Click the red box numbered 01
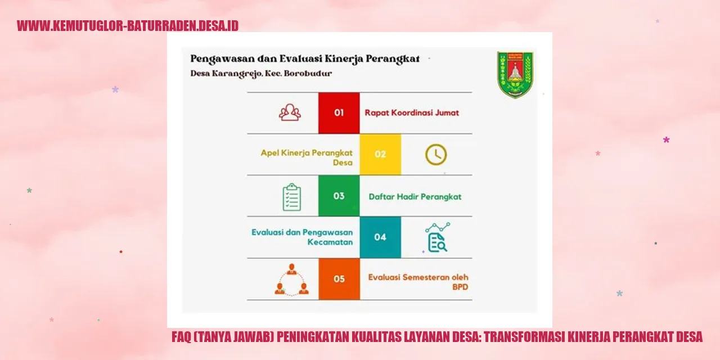pyautogui.click(x=339, y=113)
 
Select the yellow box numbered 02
pyautogui.click(x=380, y=154)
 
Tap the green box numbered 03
pyautogui.click(x=339, y=196)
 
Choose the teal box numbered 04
pyautogui.click(x=380, y=237)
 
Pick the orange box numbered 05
pyautogui.click(x=339, y=279)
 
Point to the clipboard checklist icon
pyautogui.click(x=292, y=197)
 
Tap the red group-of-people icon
pyautogui.click(x=290, y=112)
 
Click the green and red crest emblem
pyautogui.click(x=515, y=75)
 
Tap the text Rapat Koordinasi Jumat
pyautogui.click(x=412, y=113)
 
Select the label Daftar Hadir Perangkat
pyautogui.click(x=415, y=197)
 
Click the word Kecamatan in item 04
pyautogui.click(x=330, y=242)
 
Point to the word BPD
pyautogui.click(x=460, y=287)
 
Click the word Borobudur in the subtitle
pyautogui.click(x=308, y=73)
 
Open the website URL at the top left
pyautogui.click(x=128, y=26)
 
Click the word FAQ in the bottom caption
pyautogui.click(x=181, y=337)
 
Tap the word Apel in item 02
pyautogui.click(x=269, y=153)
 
